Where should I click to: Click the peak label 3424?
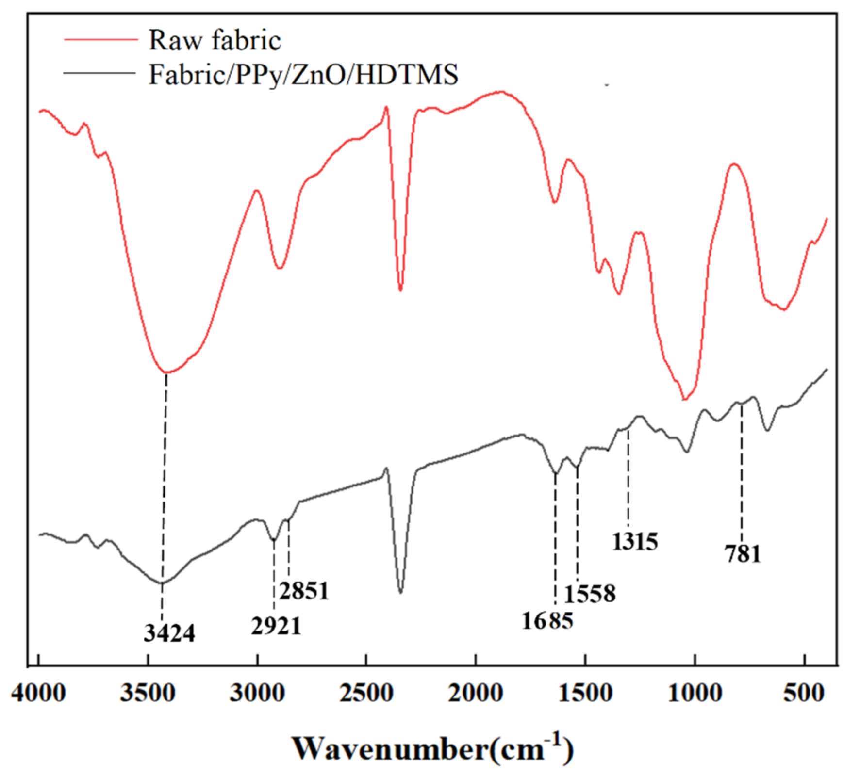pos(169,633)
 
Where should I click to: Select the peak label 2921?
pos(276,626)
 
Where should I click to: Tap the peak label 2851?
pos(304,590)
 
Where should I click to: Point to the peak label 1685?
pos(547,620)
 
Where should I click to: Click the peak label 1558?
pos(590,593)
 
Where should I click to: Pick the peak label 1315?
pos(635,541)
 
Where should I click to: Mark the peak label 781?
pos(743,553)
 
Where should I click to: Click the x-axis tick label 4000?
pos(39,693)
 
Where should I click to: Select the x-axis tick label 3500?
pos(148,693)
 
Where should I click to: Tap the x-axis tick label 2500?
pos(366,693)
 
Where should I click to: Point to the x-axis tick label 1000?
pos(695,693)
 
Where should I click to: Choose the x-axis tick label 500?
pos(804,693)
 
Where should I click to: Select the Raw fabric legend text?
pos(215,40)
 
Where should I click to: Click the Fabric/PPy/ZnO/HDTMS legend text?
pos(303,75)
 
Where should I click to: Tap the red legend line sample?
pos(101,39)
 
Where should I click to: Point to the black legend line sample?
pos(99,73)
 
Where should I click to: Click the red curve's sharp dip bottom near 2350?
pos(400,290)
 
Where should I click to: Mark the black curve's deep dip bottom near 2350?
pos(400,592)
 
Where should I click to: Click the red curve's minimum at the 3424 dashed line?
pos(166,372)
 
